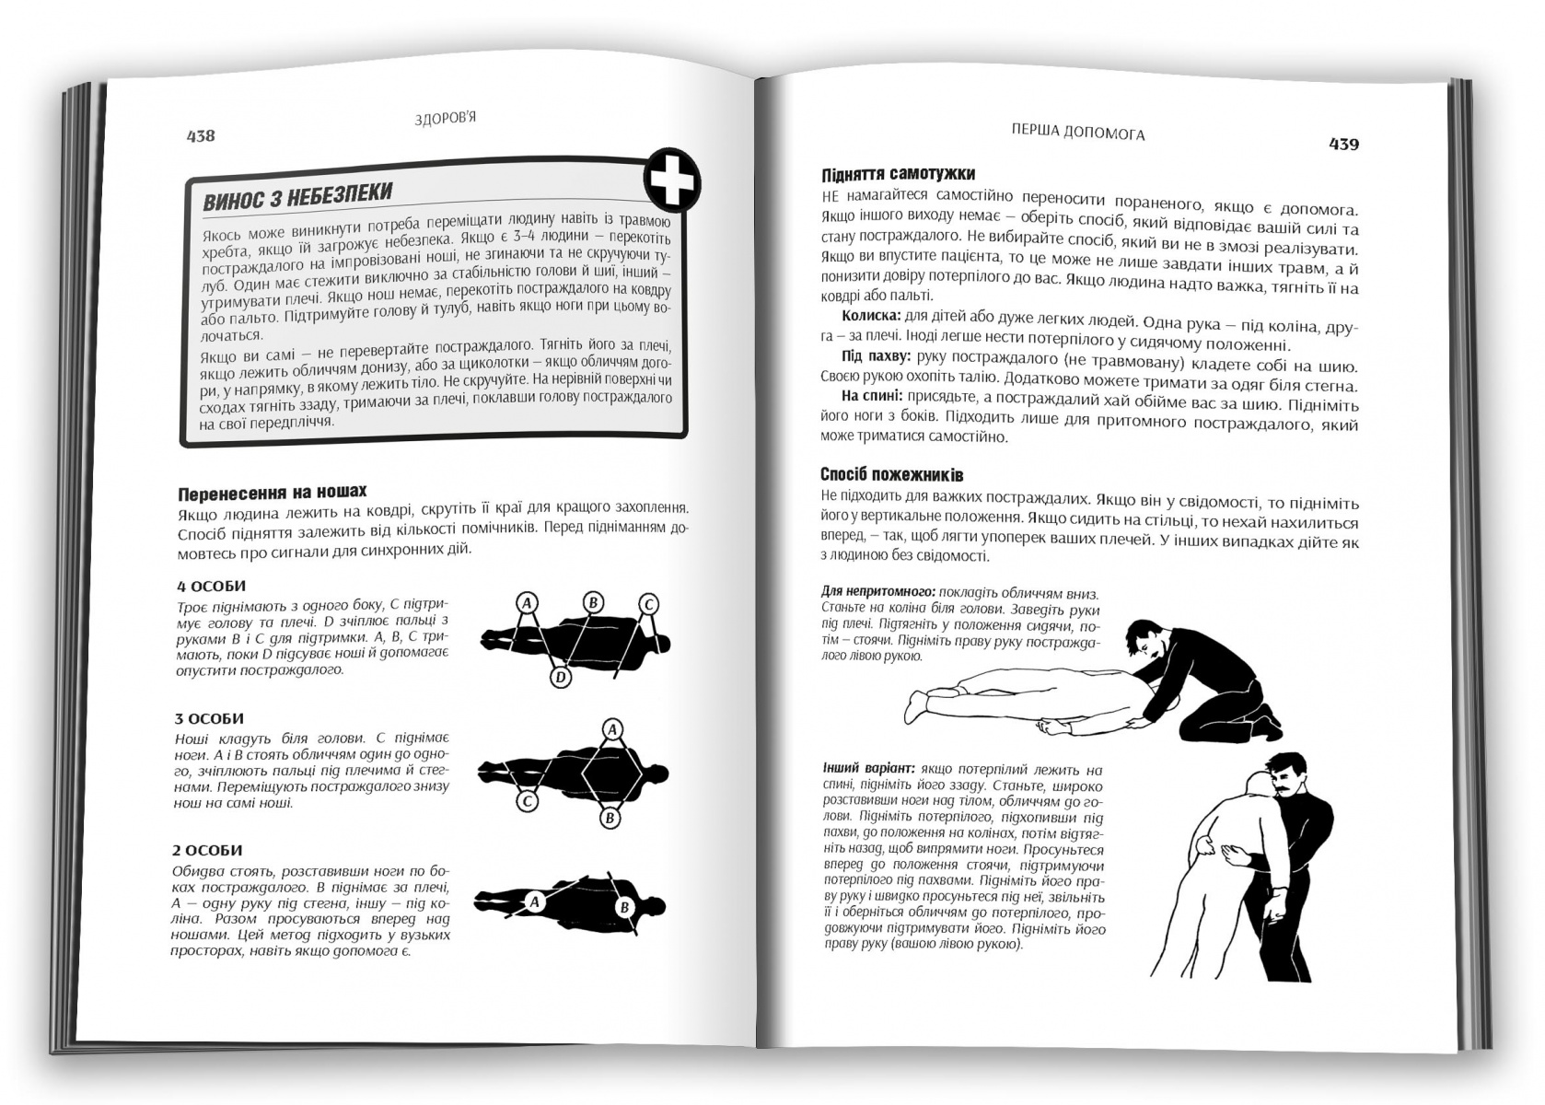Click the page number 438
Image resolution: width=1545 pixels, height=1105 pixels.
coord(201,136)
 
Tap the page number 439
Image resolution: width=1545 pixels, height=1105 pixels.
coord(1343,145)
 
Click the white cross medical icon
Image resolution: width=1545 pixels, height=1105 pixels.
coord(672,180)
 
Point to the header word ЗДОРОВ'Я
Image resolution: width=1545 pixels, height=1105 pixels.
coord(446,119)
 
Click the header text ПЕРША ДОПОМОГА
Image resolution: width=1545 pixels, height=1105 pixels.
coord(1078,132)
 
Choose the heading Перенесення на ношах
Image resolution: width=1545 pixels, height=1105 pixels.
coord(273,493)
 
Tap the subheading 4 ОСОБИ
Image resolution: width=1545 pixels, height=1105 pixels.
coord(211,587)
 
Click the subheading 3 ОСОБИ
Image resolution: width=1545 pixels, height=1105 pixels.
coord(209,718)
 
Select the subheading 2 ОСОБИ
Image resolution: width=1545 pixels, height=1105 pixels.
coord(207,851)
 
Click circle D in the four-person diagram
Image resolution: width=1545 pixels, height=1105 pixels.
coord(561,678)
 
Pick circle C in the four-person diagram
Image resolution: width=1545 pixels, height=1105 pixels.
coord(648,605)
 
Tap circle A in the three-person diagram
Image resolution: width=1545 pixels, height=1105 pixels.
coord(612,729)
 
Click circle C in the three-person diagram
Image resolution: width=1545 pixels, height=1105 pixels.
coord(527,801)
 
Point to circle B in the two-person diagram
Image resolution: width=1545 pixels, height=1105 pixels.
coord(624,907)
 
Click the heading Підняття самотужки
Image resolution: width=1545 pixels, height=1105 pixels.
coord(898,173)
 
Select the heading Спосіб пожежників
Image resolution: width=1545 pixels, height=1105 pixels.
coord(892,474)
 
